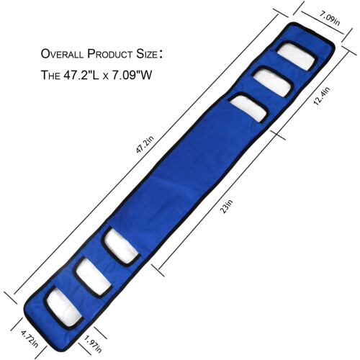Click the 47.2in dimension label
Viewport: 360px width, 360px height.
[145, 145]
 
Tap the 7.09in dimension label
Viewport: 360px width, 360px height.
[329, 19]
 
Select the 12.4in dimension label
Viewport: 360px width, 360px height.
[322, 96]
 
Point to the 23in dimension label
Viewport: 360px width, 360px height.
[226, 206]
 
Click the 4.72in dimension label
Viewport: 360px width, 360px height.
[30, 339]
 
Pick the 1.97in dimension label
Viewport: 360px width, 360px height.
[93, 344]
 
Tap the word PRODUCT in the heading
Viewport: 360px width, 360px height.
[109, 54]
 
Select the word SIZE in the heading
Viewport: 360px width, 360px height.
[147, 54]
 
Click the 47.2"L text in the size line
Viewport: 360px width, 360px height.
[81, 75]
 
